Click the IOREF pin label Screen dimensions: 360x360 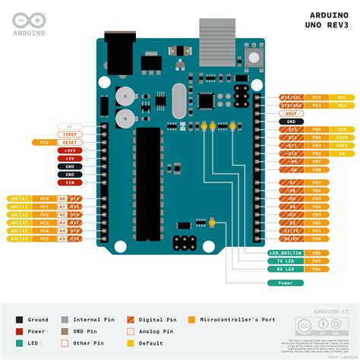tap(69, 134)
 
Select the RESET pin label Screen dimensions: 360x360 tap(69, 142)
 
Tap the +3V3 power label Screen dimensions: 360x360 tap(69, 150)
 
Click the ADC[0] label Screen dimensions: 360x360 tap(18, 198)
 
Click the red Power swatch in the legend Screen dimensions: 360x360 tap(20, 332)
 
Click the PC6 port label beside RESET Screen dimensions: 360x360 tap(44, 142)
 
